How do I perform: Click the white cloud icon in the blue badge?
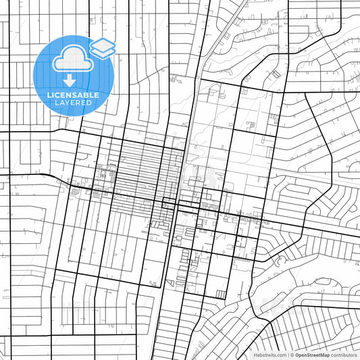point(70,60)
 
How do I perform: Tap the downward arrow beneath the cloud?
point(70,82)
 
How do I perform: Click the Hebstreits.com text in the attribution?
point(269,355)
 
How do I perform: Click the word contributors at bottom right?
point(344,355)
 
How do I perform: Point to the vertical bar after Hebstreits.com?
point(287,355)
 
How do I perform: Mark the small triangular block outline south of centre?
point(170,284)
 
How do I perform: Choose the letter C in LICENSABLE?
point(57,95)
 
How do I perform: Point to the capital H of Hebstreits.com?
point(255,355)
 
